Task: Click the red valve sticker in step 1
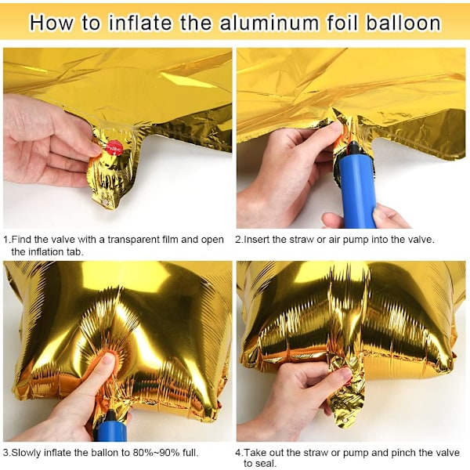(114, 148)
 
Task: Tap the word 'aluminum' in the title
(269, 23)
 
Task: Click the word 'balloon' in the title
(403, 23)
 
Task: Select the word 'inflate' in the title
(140, 23)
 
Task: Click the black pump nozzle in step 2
(355, 150)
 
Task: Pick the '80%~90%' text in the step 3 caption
(156, 452)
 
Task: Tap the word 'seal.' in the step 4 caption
(260, 464)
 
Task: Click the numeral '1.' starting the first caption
(7, 240)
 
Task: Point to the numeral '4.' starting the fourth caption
(240, 453)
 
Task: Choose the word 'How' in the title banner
(51, 23)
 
